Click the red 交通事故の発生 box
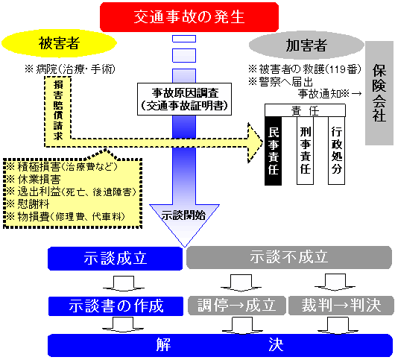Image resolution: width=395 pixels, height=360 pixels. [x=189, y=17]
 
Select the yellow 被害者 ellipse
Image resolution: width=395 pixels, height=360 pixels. [x=59, y=43]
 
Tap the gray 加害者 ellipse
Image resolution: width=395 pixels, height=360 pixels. [x=306, y=45]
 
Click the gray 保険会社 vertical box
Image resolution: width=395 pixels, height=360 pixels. [x=379, y=93]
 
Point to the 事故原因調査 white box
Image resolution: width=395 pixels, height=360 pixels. [x=184, y=99]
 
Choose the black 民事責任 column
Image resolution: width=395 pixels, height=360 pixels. [x=273, y=151]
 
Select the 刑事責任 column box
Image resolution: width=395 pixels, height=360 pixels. [x=305, y=151]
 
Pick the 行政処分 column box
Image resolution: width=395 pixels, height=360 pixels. [x=336, y=151]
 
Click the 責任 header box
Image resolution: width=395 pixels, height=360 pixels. [x=305, y=110]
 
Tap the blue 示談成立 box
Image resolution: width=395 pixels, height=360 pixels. [x=115, y=259]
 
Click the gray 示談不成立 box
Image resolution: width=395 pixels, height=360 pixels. [x=289, y=257]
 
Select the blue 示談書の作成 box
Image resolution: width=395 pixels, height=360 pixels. [x=116, y=306]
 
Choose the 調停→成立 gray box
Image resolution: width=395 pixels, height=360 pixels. [x=237, y=306]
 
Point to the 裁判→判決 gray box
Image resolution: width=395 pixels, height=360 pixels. [x=341, y=306]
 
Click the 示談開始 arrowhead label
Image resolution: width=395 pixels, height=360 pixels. [x=183, y=215]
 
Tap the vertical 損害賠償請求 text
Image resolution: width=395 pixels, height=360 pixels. [x=58, y=110]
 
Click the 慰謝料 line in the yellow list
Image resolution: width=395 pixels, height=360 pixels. [x=28, y=203]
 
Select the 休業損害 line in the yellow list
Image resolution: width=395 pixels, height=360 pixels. [x=34, y=180]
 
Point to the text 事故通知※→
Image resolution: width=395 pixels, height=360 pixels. [x=329, y=94]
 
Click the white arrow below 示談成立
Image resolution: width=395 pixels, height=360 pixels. [x=124, y=284]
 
